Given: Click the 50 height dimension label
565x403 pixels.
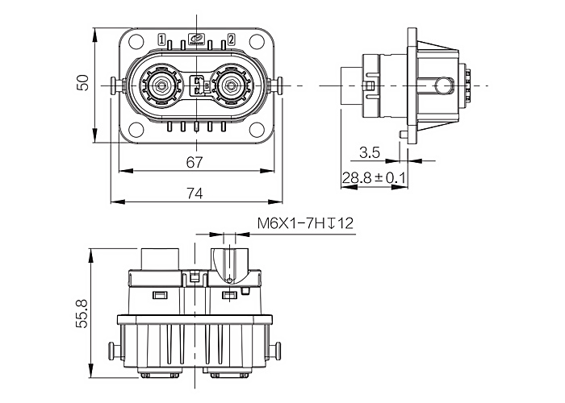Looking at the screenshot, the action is (83, 82).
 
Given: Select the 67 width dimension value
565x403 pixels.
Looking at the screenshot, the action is (195, 162).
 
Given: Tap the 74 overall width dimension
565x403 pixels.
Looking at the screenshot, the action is (195, 193).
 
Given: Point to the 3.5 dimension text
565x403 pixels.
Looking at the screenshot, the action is (370, 152).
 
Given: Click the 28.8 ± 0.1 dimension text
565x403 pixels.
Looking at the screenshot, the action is (373, 178).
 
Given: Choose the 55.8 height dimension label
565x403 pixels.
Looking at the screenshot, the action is (82, 314).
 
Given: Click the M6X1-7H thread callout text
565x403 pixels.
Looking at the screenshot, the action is (291, 223).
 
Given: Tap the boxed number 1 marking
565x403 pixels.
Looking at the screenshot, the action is (161, 39).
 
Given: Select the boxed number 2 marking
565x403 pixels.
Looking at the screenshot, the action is (232, 39).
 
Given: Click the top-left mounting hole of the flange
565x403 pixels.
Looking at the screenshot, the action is (136, 41).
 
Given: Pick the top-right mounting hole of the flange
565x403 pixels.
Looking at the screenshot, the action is (257, 41).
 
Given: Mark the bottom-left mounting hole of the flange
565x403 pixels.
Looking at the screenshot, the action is (136, 131).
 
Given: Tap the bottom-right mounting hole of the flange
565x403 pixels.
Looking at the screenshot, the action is (257, 131).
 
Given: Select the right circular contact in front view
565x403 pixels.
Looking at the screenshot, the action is (229, 85).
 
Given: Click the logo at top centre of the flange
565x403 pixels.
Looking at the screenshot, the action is (197, 39).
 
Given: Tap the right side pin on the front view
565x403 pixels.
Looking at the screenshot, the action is (277, 86).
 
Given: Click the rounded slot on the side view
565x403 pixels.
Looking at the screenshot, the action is (444, 86).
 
